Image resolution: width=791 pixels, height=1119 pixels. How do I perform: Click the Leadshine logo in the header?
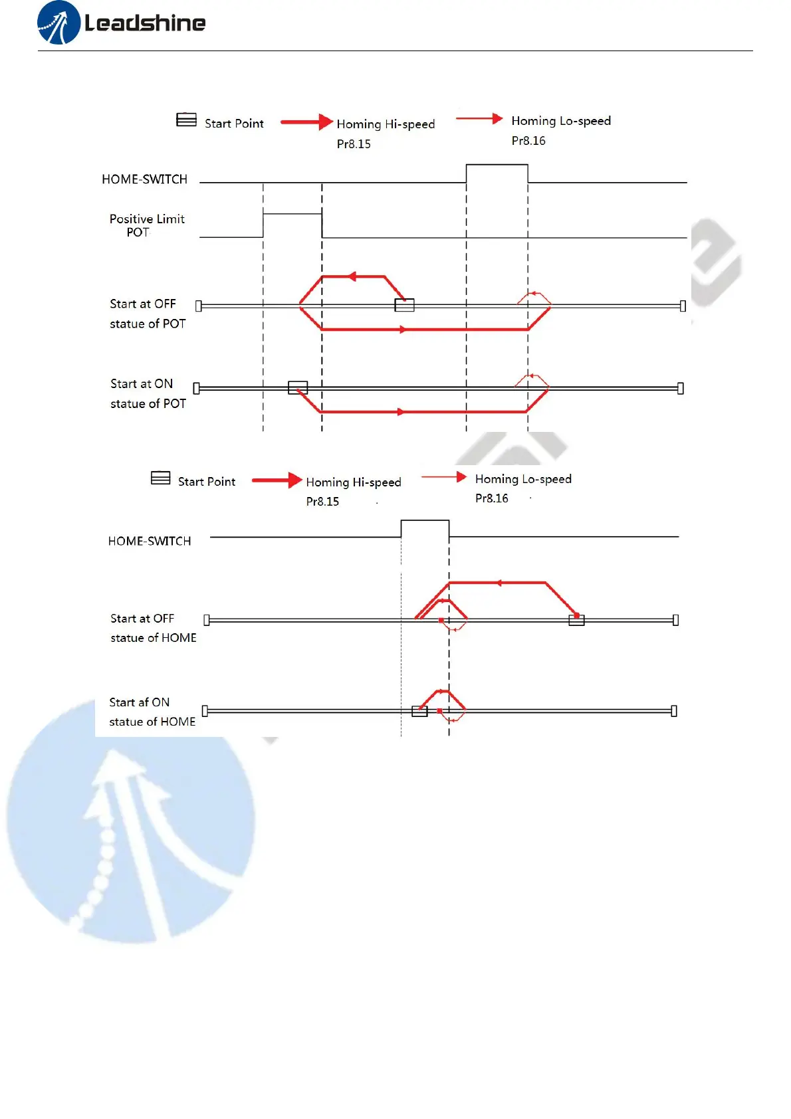tap(121, 23)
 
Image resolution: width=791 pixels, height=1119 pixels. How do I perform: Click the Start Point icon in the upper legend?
tap(186, 120)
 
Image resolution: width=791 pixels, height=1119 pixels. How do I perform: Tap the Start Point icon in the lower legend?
tap(160, 478)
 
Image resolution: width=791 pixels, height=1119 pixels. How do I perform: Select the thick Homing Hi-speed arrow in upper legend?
tap(306, 122)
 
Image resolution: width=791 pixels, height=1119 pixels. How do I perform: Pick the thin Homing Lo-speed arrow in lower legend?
tap(444, 477)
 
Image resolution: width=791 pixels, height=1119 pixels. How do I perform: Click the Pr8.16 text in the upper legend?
tap(528, 141)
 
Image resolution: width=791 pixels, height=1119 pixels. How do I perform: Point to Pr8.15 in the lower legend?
tap(322, 502)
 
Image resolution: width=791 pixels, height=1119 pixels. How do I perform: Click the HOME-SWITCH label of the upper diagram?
tap(144, 179)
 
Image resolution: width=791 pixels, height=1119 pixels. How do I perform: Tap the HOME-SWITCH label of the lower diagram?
tap(150, 542)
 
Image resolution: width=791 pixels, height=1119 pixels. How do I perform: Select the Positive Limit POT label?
tap(147, 225)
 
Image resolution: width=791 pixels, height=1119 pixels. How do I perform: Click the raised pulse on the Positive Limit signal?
tap(292, 214)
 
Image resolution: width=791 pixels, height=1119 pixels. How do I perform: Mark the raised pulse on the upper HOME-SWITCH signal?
tap(497, 165)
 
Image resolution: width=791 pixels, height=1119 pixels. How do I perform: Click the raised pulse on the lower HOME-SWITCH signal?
tap(425, 521)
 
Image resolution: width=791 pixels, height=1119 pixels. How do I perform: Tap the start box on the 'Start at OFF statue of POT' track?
tap(404, 305)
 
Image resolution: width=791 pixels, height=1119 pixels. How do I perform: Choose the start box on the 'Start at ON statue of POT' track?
tap(298, 387)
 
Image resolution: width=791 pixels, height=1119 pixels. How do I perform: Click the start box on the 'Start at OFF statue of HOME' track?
tap(576, 620)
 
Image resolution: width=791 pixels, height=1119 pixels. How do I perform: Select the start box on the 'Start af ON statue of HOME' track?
tap(419, 711)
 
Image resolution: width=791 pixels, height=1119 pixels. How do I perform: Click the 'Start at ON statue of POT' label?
tap(148, 393)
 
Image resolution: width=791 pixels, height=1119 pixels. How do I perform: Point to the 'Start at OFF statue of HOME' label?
tap(153, 628)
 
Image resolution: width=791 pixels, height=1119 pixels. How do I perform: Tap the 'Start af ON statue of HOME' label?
tap(152, 712)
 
